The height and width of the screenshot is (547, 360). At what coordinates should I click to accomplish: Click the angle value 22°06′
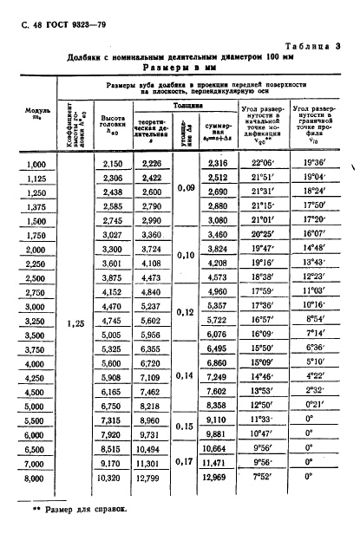click(264, 164)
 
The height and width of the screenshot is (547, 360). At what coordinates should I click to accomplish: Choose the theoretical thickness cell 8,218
click(151, 406)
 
